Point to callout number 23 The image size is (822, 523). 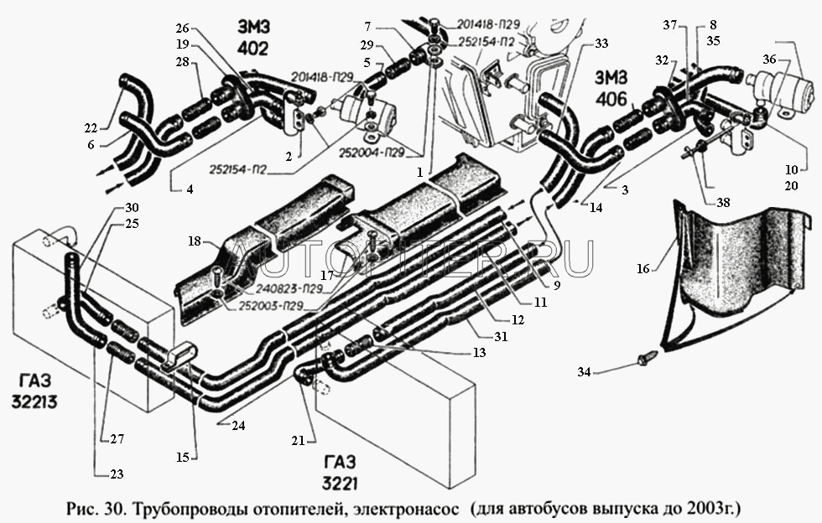click(x=115, y=474)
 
